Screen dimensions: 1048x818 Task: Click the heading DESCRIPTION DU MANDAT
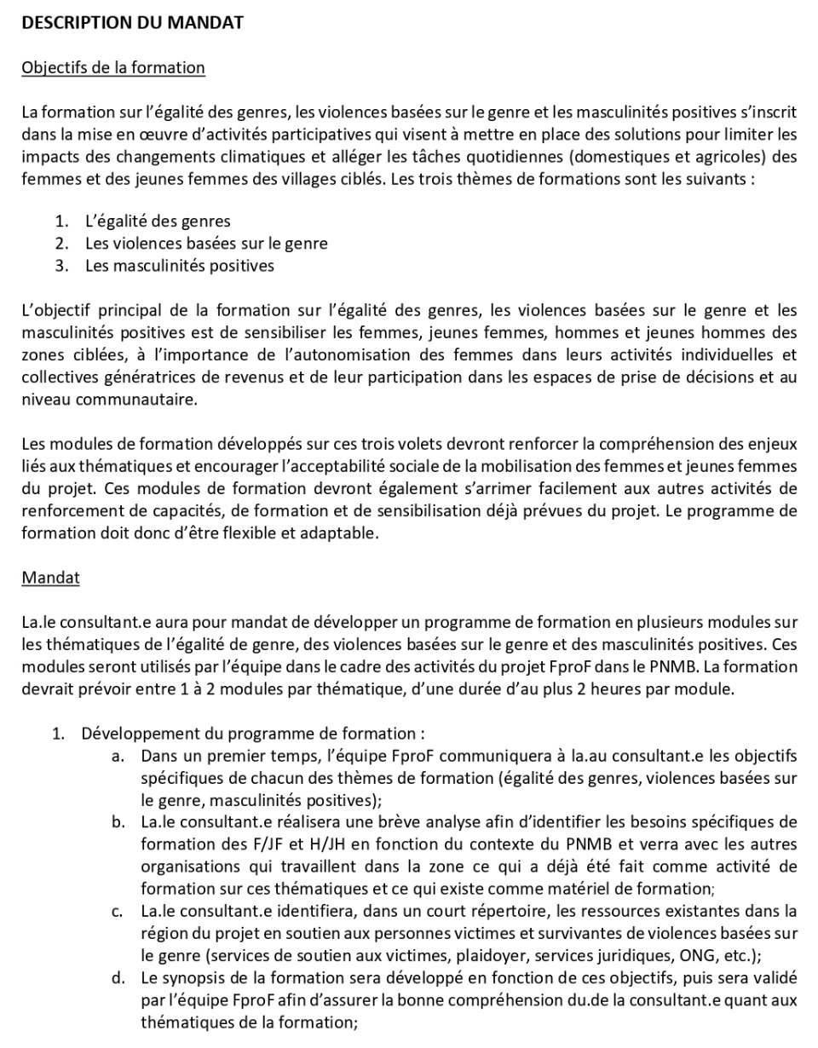(132, 24)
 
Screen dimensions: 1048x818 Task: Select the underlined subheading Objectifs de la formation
(113, 68)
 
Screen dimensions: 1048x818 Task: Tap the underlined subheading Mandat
(51, 578)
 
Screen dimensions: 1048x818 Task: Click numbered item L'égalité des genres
(158, 222)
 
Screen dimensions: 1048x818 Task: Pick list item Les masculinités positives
(179, 265)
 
